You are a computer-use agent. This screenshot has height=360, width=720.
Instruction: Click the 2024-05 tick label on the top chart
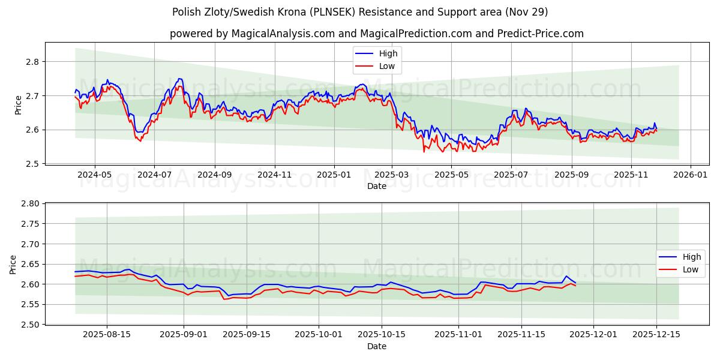(95, 175)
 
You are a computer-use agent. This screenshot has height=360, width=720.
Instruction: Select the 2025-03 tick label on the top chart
(392, 175)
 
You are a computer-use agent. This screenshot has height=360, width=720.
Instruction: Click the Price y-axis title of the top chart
(18, 105)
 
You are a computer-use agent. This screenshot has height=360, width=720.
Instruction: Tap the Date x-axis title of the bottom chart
(376, 346)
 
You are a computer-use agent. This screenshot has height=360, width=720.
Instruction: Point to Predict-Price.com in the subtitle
(540, 34)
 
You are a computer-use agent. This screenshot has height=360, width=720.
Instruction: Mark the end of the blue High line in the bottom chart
(575, 283)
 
